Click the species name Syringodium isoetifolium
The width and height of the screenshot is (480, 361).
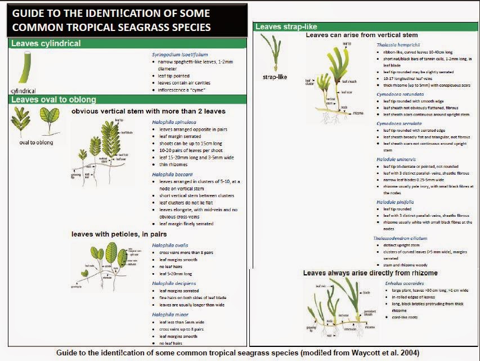click(176, 54)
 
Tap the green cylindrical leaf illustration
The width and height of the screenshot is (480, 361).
click(25, 68)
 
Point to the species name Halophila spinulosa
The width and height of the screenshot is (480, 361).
click(172, 122)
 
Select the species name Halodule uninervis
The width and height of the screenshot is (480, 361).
click(398, 159)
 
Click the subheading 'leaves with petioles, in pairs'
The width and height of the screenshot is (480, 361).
click(117, 233)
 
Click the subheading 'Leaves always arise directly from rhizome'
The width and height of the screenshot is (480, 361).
click(370, 273)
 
